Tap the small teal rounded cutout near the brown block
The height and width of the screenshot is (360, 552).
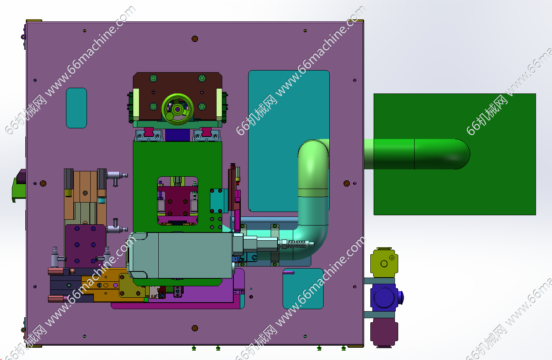coord(76,108)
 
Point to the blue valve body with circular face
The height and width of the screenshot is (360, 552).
coord(384,298)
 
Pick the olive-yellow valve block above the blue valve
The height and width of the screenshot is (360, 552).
coord(384,263)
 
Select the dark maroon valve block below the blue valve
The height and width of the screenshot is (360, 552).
coord(384,332)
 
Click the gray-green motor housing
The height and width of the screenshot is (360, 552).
coord(180,255)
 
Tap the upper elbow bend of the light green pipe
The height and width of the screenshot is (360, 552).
coord(313,153)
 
